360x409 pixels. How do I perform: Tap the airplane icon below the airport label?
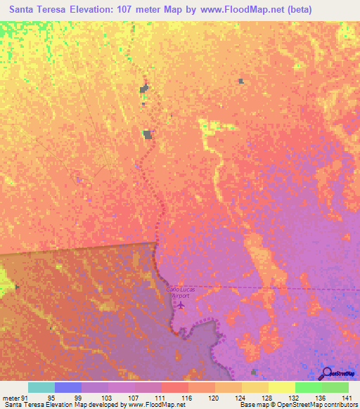point(181,306)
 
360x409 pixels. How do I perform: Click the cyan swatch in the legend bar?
point(41,387)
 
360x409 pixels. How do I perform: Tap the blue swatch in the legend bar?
point(68,387)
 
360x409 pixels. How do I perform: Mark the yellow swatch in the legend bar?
point(281,387)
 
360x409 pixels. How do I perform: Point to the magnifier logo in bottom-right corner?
point(326,373)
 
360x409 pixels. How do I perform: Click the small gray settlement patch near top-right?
point(240,82)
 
